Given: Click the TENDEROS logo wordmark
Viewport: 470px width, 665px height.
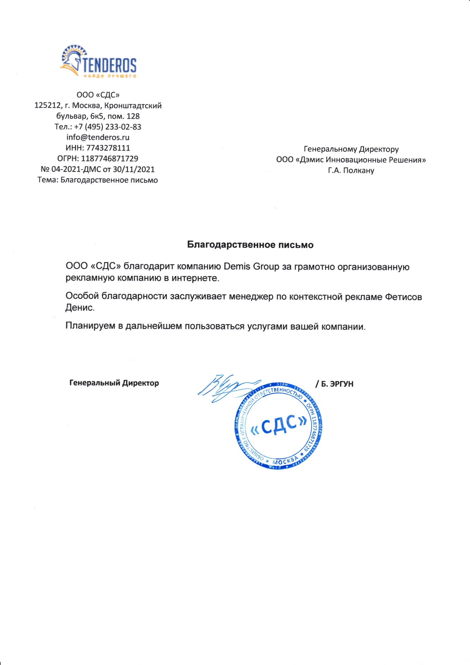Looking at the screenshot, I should [109, 65].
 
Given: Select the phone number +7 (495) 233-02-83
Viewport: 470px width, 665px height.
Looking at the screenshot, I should [108, 127].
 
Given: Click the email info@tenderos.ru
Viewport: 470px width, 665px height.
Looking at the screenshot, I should [98, 138].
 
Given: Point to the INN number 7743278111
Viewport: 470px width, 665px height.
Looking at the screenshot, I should [108, 148].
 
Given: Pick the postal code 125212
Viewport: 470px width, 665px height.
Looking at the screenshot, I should [47, 106].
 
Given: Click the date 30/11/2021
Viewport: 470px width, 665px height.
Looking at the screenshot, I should [134, 169].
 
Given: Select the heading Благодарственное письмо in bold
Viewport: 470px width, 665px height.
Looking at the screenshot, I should [250, 245].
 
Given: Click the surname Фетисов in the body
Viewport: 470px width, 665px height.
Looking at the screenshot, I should [403, 297].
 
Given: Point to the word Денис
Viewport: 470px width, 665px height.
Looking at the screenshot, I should [80, 308].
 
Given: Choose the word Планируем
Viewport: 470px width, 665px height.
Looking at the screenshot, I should [90, 326].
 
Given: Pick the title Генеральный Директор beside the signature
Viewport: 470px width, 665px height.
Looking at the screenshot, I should [114, 383].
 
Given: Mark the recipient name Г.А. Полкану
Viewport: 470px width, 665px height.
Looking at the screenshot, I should [351, 171].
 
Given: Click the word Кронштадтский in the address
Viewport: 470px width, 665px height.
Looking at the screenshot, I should [133, 106].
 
